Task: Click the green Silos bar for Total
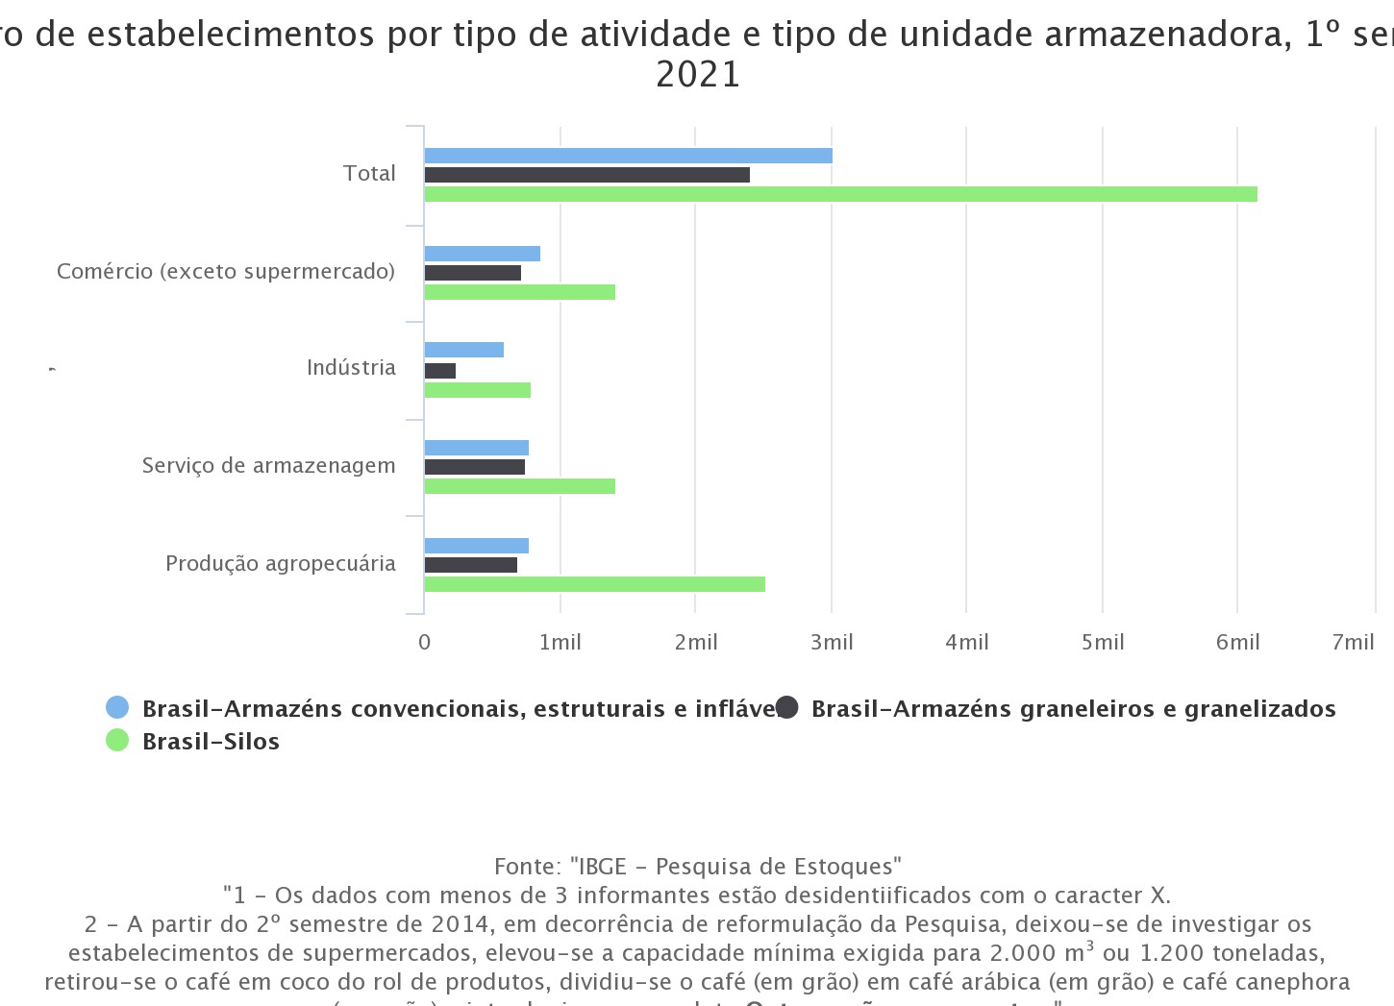pos(840,194)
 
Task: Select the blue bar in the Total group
pos(628,156)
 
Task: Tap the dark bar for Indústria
pos(440,371)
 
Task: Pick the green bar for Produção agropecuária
pos(594,584)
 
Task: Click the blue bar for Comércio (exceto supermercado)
pos(482,254)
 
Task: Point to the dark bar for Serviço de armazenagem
pos(474,467)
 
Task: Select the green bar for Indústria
pos(477,390)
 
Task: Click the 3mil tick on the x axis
pos(832,642)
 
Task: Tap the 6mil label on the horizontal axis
pos(1237,642)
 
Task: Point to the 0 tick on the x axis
pos(425,642)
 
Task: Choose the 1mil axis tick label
pos(560,642)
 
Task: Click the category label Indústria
pos(351,367)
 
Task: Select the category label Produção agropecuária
pos(280,563)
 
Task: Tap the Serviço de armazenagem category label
pos(268,465)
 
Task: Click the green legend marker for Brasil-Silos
pos(117,741)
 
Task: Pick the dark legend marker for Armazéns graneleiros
pos(787,708)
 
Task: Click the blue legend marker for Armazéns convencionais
pos(117,708)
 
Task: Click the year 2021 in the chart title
pos(698,74)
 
